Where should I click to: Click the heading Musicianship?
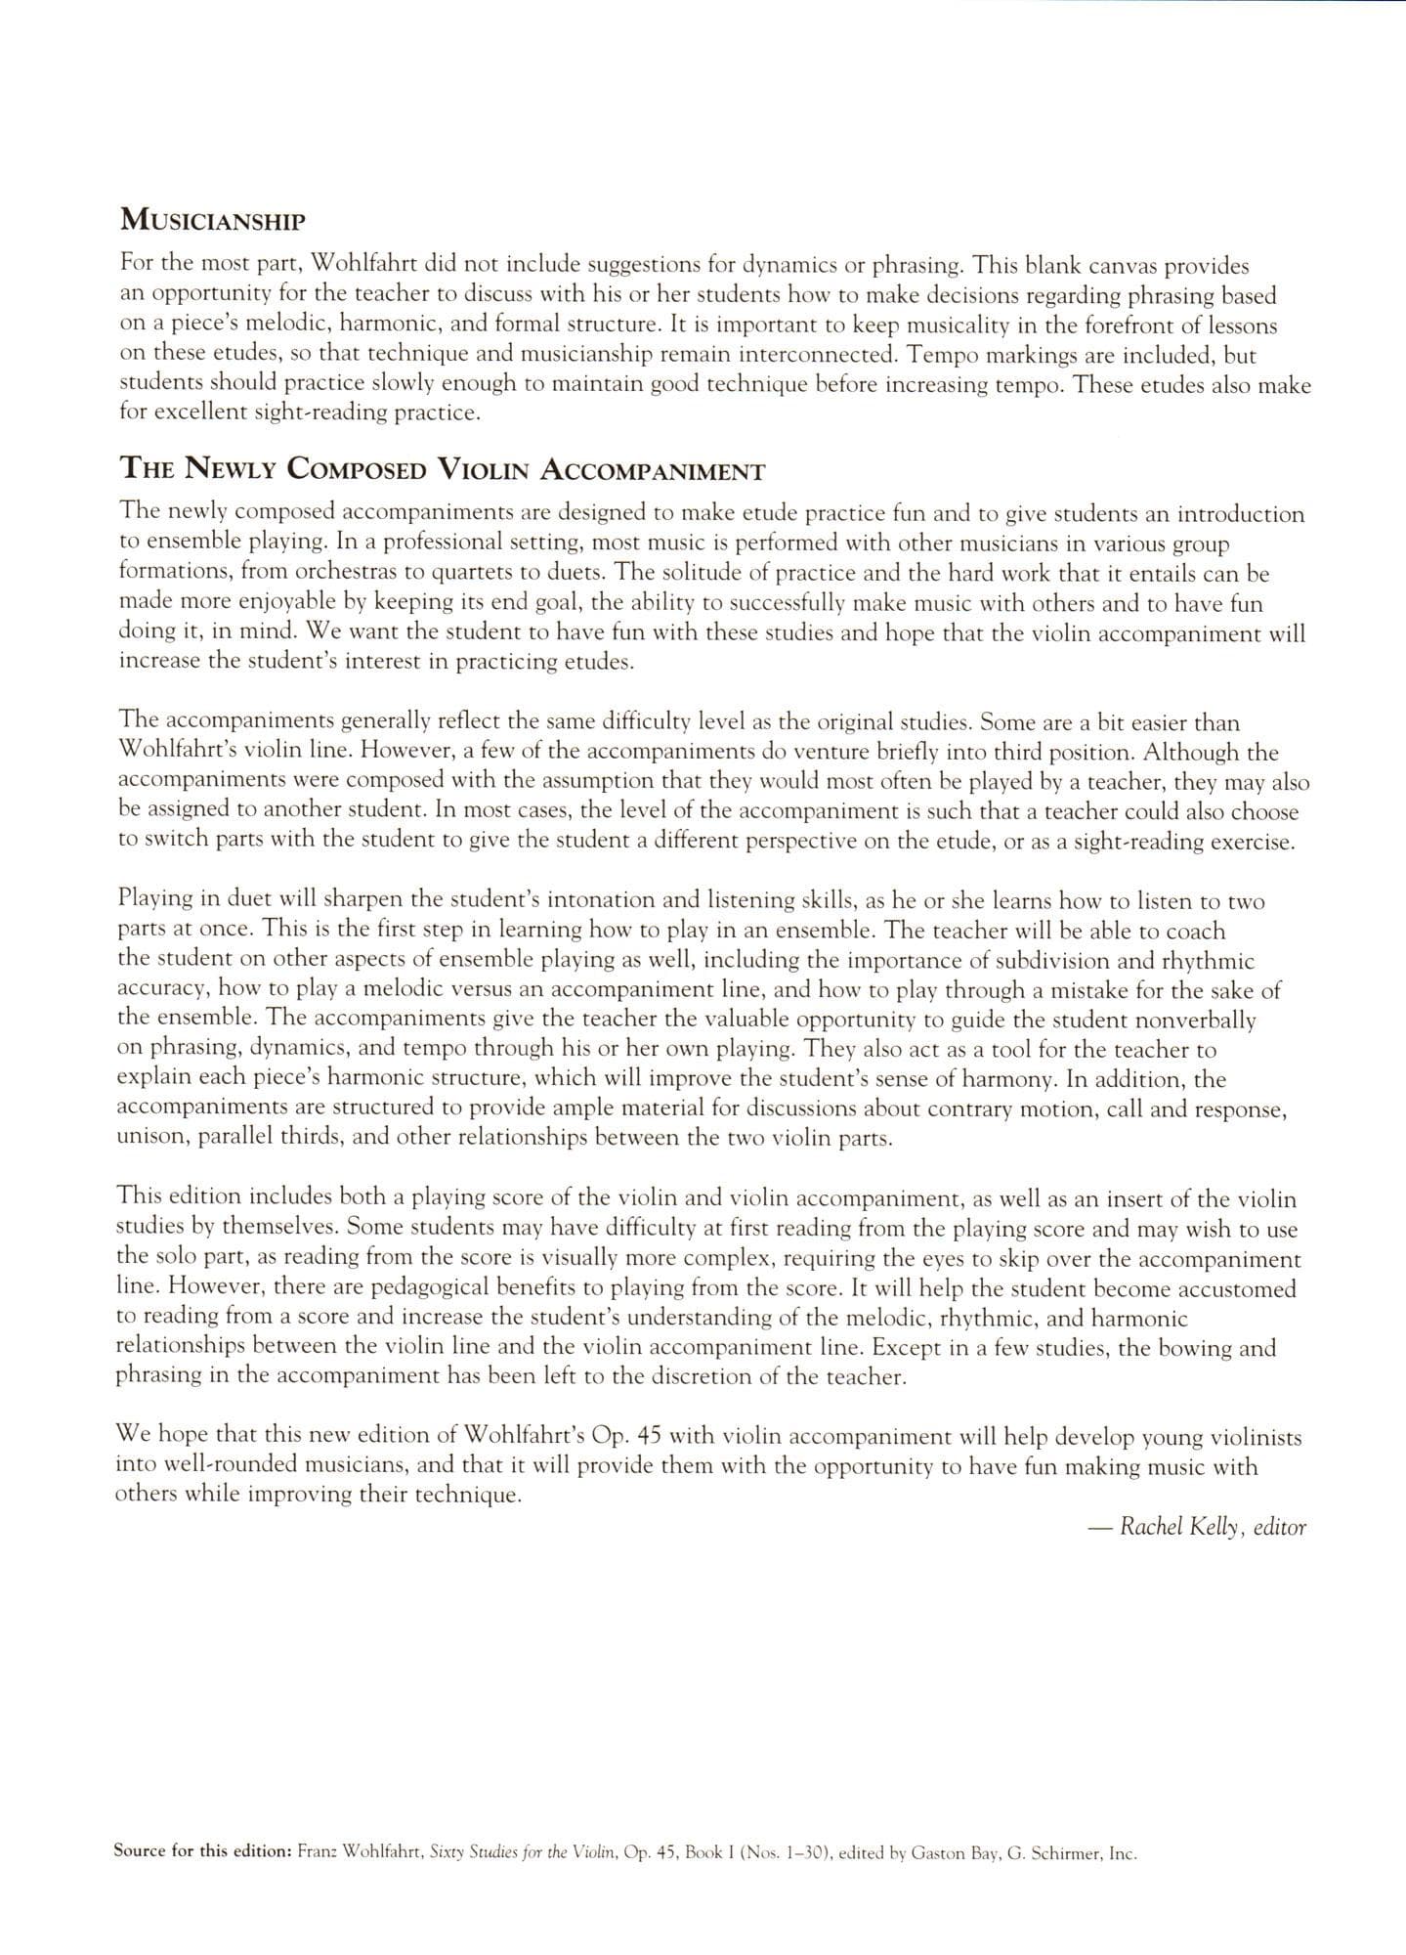coord(212,220)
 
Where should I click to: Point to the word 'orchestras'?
coord(329,573)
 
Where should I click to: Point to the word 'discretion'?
coord(672,1377)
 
